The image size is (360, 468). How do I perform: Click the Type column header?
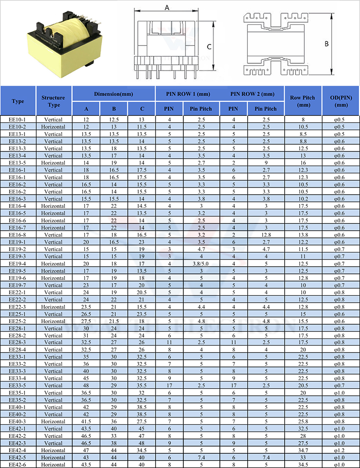[18, 101]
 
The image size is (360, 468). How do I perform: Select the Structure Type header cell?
[54, 101]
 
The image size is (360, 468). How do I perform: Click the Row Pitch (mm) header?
[303, 101]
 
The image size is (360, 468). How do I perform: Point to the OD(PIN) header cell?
[341, 101]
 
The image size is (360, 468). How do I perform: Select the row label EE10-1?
[18, 119]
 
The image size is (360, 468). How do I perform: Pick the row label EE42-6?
[18, 464]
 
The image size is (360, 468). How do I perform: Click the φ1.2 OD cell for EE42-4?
[341, 450]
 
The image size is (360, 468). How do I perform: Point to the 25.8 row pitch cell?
[303, 421]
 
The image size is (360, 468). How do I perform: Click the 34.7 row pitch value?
[303, 450]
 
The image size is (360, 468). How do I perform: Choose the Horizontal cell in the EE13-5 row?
[54, 162]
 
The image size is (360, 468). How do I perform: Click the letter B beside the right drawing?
[326, 44]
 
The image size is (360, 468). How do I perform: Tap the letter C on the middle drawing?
[209, 47]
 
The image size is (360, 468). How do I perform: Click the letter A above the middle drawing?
[167, 7]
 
